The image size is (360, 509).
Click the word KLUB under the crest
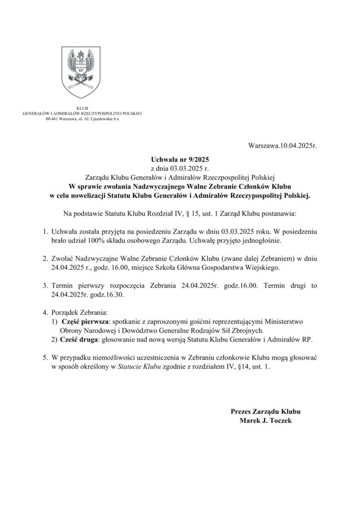coord(82,108)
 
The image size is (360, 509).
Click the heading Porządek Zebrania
coord(79,313)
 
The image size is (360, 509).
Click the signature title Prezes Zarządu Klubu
coord(265,412)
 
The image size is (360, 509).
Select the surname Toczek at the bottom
coord(280,421)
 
